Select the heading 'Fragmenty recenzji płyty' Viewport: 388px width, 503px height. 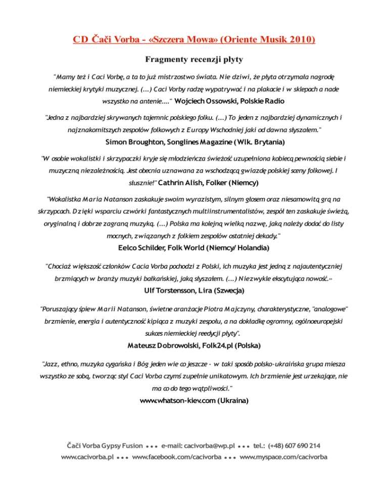tap(194, 60)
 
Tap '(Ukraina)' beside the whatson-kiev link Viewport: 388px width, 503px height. tap(233, 400)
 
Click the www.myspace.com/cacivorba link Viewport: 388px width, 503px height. tap(283, 457)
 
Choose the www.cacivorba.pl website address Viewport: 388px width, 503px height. tap(86, 457)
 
